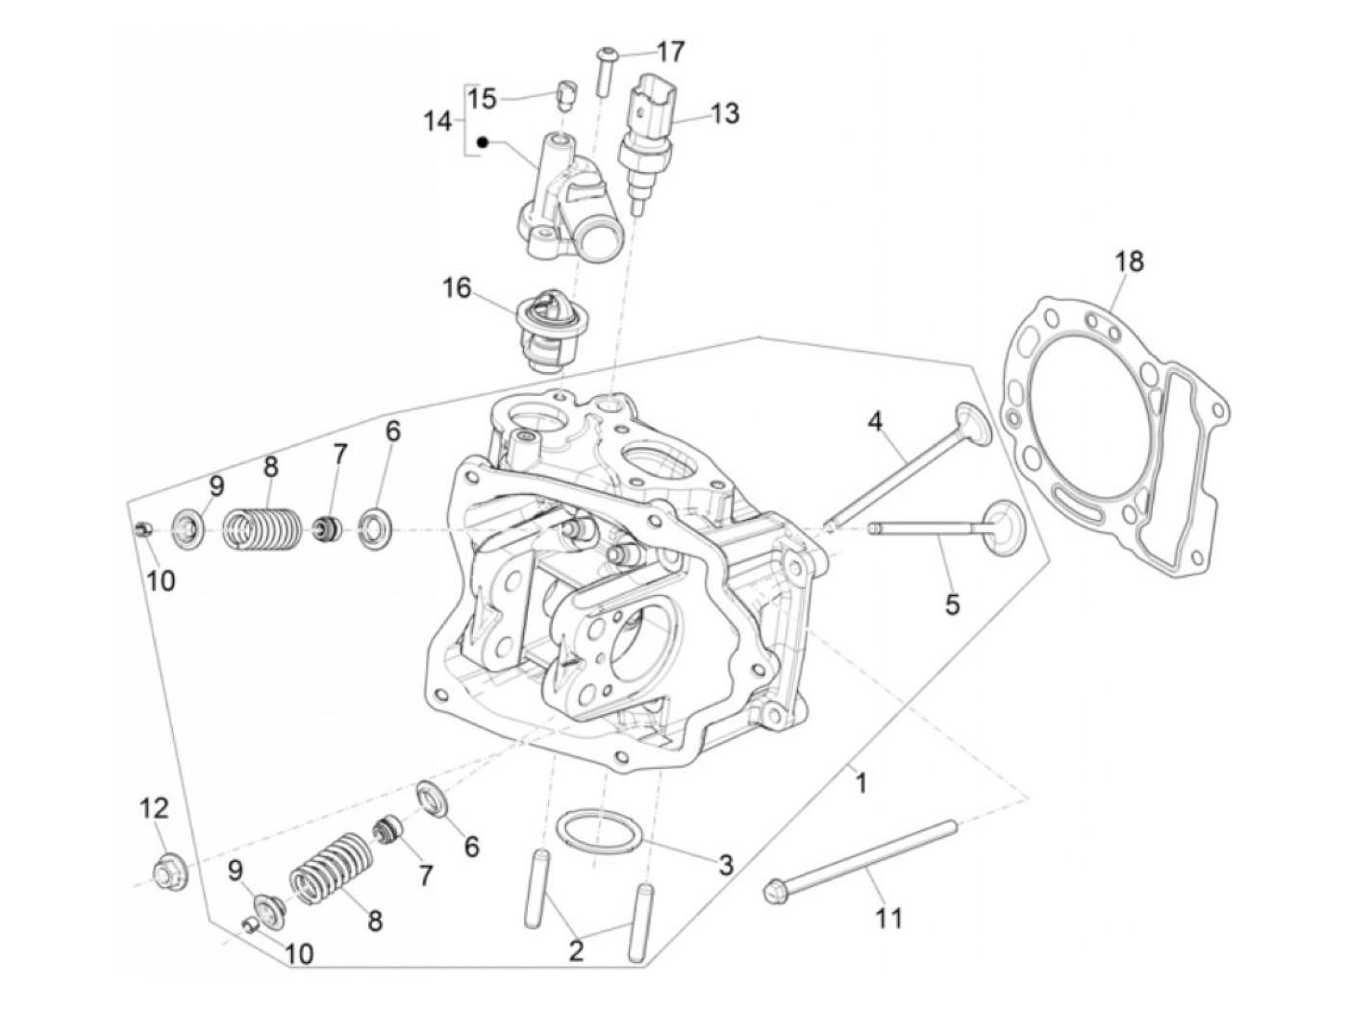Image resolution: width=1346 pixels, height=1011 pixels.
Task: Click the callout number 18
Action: click(x=1131, y=260)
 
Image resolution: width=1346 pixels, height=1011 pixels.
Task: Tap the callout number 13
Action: click(x=726, y=113)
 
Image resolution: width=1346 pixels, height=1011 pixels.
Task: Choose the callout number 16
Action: click(x=458, y=287)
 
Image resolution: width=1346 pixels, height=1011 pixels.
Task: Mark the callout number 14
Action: click(x=437, y=122)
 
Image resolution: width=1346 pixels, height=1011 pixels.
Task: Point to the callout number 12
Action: click(x=154, y=809)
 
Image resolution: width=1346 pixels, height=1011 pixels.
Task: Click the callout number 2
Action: click(x=576, y=951)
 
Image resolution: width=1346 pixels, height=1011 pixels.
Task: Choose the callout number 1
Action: click(x=861, y=783)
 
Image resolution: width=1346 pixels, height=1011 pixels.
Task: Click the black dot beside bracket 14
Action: click(x=483, y=143)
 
